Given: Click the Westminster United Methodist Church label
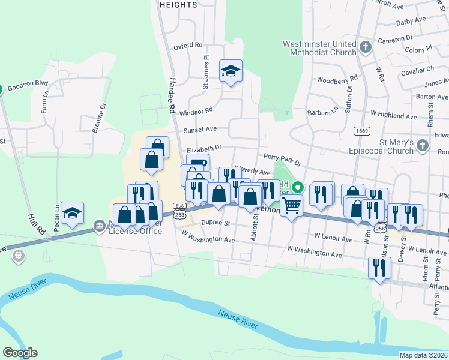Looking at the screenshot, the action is (x=319, y=48).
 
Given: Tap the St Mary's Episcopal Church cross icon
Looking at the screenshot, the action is (x=423, y=145).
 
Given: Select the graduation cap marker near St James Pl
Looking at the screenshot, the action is (x=231, y=72).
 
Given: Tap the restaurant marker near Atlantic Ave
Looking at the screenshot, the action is (x=379, y=268).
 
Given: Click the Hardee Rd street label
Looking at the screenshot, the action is (x=172, y=95).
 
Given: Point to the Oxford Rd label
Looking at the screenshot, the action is (x=188, y=46).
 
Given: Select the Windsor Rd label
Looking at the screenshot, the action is (x=196, y=111).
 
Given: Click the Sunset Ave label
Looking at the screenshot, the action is (x=200, y=129).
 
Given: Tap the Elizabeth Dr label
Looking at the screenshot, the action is (x=204, y=147).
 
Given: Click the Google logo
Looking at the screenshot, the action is (x=20, y=353).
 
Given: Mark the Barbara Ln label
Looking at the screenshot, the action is (x=322, y=111).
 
